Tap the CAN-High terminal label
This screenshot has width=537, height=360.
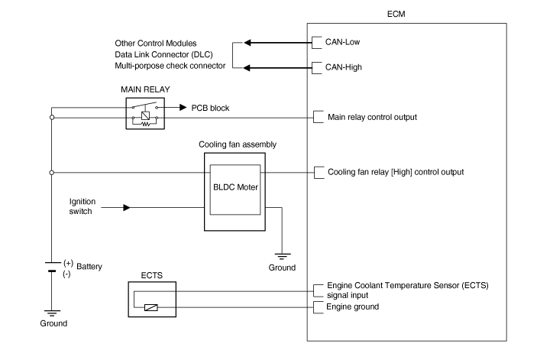point(345,67)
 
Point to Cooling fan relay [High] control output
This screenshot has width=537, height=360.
point(395,172)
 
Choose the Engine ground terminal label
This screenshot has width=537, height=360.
point(352,306)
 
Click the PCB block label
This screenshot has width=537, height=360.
point(210,108)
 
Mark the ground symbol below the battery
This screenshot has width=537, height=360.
point(52,312)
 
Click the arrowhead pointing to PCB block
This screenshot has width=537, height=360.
point(183,108)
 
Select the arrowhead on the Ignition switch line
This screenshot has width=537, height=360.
point(126,206)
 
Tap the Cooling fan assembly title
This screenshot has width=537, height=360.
point(237,144)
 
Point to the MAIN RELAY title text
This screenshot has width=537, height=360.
point(144,89)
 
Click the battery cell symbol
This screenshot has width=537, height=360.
point(52,266)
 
